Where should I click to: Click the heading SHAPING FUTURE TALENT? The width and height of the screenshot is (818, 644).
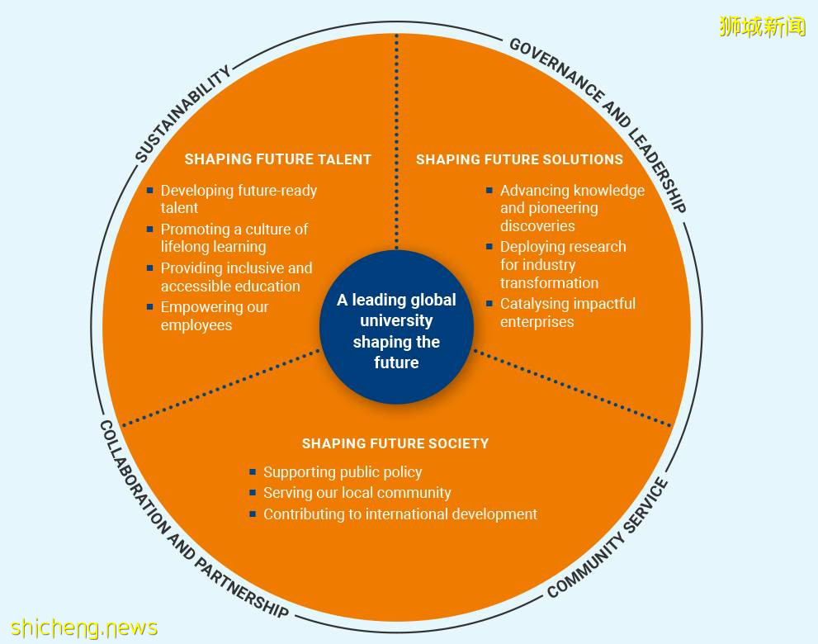[277, 159]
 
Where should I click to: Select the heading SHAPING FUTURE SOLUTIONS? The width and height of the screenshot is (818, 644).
[519, 159]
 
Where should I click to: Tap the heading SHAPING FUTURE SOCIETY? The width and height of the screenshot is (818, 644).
[395, 443]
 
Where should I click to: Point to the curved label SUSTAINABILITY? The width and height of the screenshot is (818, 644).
[182, 115]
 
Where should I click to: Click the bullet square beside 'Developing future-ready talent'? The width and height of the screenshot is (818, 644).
[150, 190]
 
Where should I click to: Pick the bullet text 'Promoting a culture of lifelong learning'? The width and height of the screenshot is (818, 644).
[234, 238]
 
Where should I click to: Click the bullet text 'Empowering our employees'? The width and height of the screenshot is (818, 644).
[215, 315]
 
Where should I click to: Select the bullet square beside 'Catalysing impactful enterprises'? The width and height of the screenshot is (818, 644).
[489, 303]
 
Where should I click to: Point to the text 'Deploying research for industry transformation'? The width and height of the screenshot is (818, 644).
[562, 264]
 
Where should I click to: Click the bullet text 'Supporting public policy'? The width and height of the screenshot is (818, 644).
[343, 472]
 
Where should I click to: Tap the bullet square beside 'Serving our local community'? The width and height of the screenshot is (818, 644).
[253, 492]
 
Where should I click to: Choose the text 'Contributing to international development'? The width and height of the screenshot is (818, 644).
[400, 514]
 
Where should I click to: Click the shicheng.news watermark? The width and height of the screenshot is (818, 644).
[83, 627]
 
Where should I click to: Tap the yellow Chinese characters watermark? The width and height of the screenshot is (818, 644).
[762, 26]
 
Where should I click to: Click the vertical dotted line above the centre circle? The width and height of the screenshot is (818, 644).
[397, 140]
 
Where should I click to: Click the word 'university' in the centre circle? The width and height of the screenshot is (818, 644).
[396, 320]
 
